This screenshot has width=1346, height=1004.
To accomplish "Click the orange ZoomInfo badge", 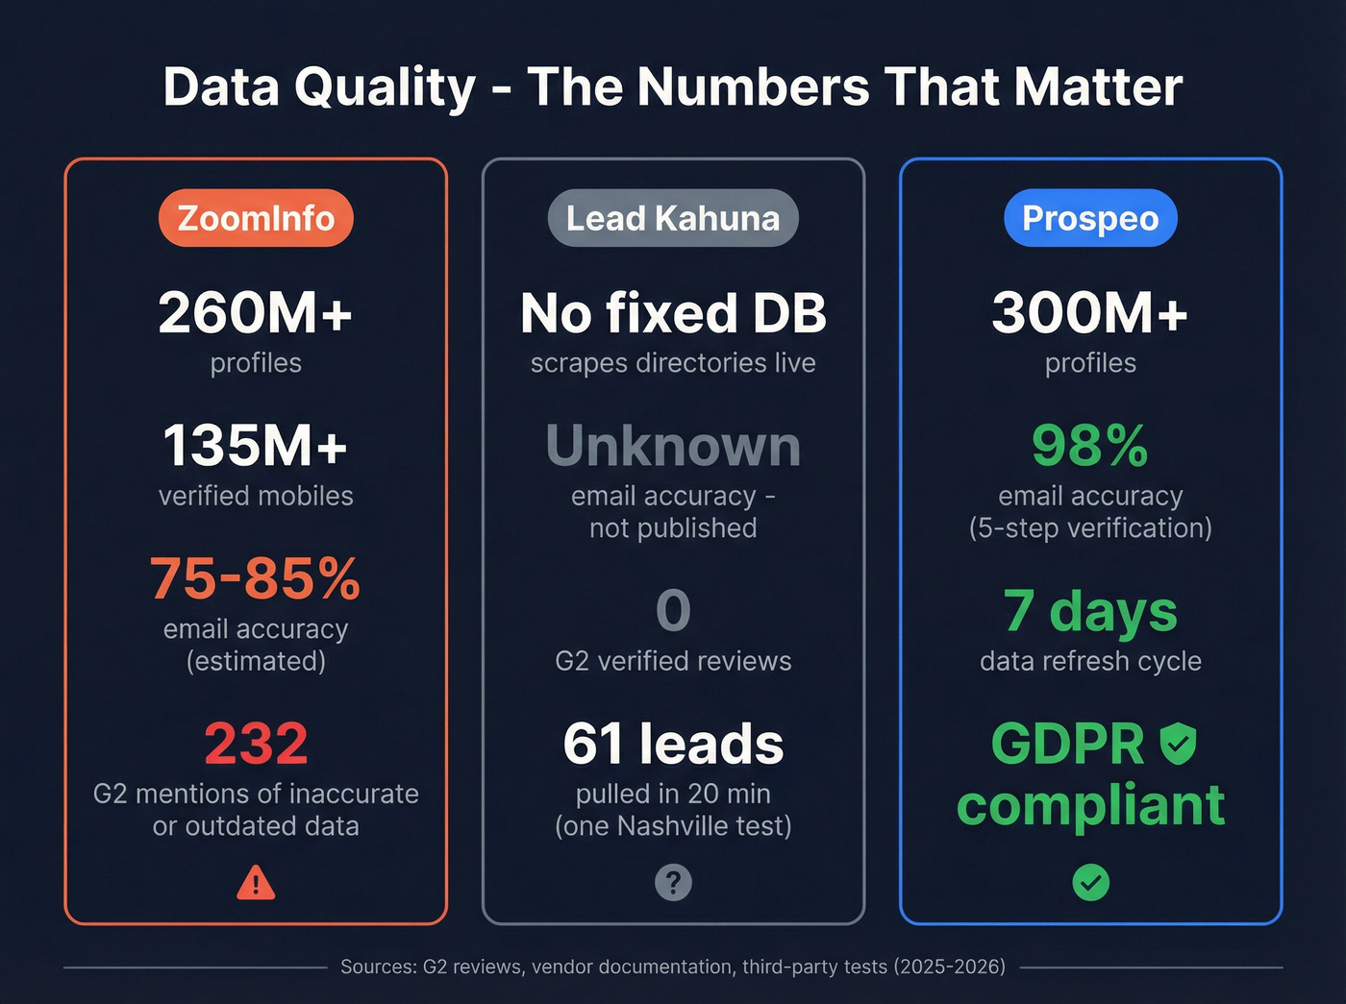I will pos(256,218).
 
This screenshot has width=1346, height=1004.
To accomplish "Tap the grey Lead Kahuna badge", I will pos(673,218).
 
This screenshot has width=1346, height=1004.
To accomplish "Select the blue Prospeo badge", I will pos(1090,218).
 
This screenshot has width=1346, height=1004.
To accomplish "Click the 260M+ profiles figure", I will pos(256,313).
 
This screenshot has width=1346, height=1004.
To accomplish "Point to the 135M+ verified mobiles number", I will pos(256,446).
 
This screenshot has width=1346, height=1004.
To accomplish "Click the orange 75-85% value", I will pos(256,578).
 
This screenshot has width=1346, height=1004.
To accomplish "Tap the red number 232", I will pos(256,744).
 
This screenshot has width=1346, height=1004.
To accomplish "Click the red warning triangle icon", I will pos(256,882).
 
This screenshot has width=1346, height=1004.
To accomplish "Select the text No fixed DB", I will pos(673,313).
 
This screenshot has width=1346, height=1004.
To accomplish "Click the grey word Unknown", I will pos(673,446).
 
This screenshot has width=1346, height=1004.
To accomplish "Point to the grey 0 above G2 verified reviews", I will pos(673,611).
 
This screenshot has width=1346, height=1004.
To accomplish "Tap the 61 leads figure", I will pos(673,744).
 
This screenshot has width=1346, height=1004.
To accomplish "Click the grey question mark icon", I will pos(673,882).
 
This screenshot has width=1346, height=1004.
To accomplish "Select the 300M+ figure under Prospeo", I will pos(1090,313).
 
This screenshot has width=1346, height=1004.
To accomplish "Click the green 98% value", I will pos(1090,446).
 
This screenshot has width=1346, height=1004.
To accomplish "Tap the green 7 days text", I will pos(1090,611).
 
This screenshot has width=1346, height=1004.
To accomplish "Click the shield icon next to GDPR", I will pos(1178,744).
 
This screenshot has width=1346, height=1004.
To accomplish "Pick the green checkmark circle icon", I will pos(1090,882).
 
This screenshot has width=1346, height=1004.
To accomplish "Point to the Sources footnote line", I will pos(673,967).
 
